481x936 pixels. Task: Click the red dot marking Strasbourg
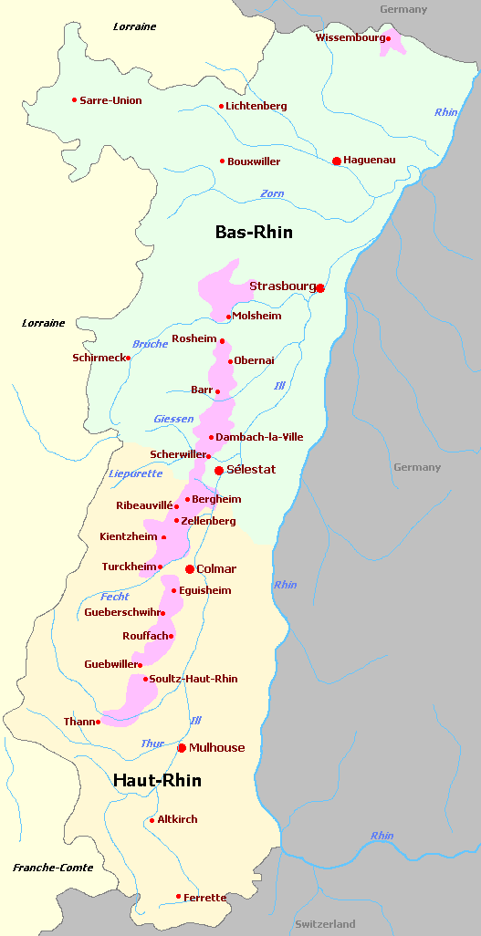click(x=320, y=288)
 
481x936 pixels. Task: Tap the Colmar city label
click(x=216, y=568)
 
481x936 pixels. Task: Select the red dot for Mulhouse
click(x=182, y=748)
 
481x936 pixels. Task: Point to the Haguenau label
click(x=370, y=160)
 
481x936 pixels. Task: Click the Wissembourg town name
click(x=349, y=37)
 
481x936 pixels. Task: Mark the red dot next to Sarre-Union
click(x=74, y=100)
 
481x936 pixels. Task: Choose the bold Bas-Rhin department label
click(x=254, y=232)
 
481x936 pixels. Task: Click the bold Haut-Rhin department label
click(x=157, y=780)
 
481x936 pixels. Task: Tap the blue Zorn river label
click(x=272, y=193)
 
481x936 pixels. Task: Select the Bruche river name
click(x=150, y=344)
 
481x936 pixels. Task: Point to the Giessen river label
click(x=173, y=419)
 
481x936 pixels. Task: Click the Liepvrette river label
click(x=135, y=473)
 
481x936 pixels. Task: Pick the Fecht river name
click(x=115, y=597)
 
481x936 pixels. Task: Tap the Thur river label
click(x=152, y=744)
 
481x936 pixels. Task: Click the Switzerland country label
click(x=325, y=924)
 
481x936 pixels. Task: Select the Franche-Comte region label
click(x=53, y=868)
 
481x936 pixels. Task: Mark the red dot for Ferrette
click(x=178, y=897)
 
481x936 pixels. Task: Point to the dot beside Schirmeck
click(x=128, y=358)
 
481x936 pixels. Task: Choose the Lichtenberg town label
click(x=256, y=106)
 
